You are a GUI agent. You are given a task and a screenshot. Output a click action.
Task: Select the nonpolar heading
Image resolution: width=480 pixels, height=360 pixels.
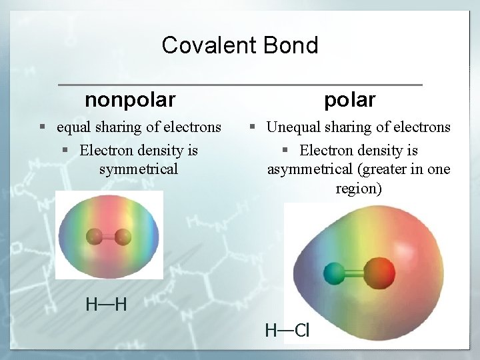pyautogui.click(x=130, y=100)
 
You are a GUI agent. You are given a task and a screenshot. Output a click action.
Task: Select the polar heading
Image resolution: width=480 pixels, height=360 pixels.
pyautogui.click(x=350, y=100)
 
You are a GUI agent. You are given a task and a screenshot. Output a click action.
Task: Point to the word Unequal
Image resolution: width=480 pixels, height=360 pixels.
pyautogui.click(x=293, y=127)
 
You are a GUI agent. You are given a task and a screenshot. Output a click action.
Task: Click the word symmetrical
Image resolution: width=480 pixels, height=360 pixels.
pyautogui.click(x=139, y=169)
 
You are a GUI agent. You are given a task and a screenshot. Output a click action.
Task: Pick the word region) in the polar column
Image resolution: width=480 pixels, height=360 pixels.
pyautogui.click(x=359, y=189)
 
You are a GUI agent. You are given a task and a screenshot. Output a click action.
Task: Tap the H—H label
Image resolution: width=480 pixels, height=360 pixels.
pyautogui.click(x=106, y=305)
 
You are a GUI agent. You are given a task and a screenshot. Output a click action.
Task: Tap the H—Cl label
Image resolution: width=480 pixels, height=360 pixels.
pyautogui.click(x=287, y=329)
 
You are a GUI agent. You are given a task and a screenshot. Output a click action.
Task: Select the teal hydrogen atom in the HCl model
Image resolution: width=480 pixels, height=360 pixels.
pyautogui.click(x=333, y=273)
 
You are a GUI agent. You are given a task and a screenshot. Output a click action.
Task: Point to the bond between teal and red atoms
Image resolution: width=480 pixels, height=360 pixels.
pyautogui.click(x=355, y=273)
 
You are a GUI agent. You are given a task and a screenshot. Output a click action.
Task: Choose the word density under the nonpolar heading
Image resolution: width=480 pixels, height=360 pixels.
pyautogui.click(x=161, y=149)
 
